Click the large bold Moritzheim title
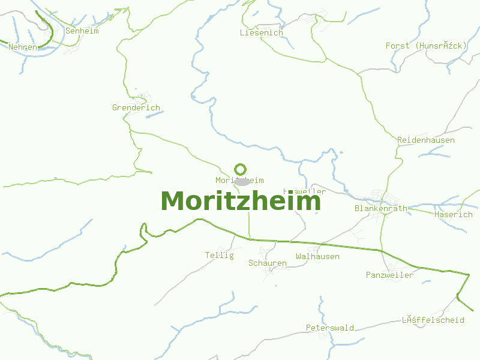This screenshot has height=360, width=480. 241,201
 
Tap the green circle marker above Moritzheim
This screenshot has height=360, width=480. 240,169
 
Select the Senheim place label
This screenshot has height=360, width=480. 82,31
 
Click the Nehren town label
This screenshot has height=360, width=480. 23,47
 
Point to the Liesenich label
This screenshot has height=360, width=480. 261,33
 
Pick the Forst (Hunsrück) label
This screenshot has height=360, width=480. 426,46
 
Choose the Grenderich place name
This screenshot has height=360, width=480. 136,108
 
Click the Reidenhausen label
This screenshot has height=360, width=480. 426,140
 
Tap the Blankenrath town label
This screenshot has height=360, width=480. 380,209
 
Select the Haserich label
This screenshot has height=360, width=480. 454,214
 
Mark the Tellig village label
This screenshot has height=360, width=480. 219,255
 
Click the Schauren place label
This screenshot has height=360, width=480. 268,263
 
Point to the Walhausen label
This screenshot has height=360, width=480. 317,257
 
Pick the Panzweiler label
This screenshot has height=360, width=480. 389,275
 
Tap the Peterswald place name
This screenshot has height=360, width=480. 329,328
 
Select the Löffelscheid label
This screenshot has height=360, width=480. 433,320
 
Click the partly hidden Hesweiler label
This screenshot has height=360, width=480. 305,191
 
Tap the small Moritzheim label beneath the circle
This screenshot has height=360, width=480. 239,180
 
